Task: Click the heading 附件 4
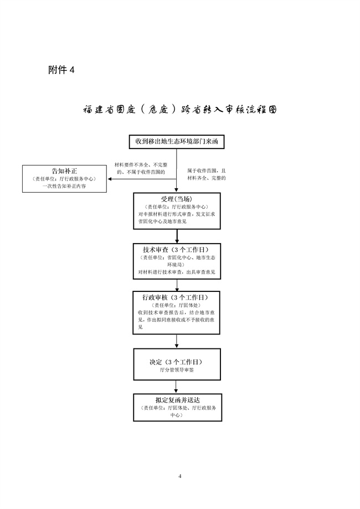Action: tap(61, 70)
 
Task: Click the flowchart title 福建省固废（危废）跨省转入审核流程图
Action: tap(179, 109)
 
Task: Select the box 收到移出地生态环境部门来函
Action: tap(177, 142)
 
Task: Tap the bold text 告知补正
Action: tap(64, 171)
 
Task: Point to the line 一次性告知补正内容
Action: tap(64, 187)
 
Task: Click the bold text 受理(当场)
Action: tap(177, 199)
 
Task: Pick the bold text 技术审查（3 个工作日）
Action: tap(177, 249)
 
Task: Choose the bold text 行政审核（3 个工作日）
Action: tap(177, 297)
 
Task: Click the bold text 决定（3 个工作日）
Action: tap(177, 362)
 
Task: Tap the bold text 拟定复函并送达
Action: tap(177, 399)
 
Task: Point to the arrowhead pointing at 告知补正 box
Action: tap(110, 178)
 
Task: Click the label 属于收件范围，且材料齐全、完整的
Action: tap(207, 174)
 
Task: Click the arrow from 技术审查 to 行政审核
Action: tap(177, 285)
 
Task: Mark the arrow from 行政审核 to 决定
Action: tap(177, 342)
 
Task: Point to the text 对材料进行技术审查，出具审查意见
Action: tap(177, 273)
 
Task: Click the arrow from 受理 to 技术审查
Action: tap(177, 236)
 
